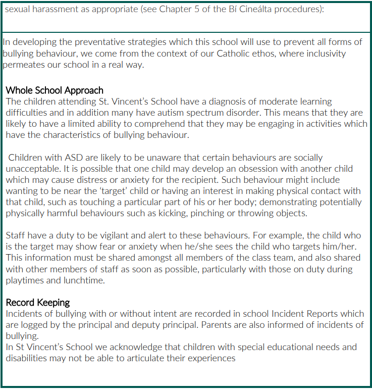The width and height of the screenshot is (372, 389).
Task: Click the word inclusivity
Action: click(324, 54)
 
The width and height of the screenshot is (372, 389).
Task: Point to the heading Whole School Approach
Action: click(55, 91)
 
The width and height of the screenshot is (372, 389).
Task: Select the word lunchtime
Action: click(83, 280)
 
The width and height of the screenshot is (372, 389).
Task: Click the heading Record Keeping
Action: click(38, 303)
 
